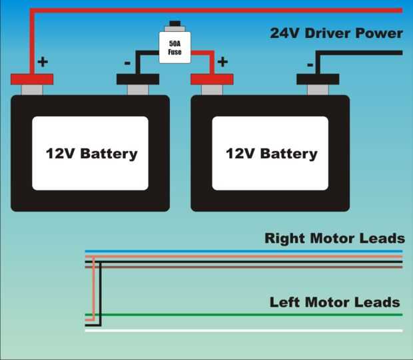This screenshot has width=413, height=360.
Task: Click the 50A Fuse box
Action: (x=175, y=47)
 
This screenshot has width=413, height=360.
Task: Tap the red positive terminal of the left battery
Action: (x=32, y=80)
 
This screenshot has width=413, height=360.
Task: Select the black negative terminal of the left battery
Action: (x=138, y=80)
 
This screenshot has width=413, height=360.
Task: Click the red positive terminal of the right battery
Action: (x=212, y=80)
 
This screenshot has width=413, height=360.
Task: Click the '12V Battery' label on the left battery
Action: (x=91, y=154)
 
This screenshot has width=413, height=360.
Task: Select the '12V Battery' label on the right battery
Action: (x=271, y=154)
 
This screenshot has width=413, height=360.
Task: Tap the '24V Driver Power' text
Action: (x=336, y=33)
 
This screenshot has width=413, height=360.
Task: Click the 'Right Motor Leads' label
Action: (x=334, y=238)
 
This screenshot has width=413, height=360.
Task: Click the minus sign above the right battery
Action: (x=310, y=65)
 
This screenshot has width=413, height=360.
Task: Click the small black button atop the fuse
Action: (x=175, y=25)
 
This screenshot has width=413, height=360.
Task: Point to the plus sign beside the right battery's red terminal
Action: (x=222, y=62)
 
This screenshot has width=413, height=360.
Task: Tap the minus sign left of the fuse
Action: (x=127, y=64)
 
